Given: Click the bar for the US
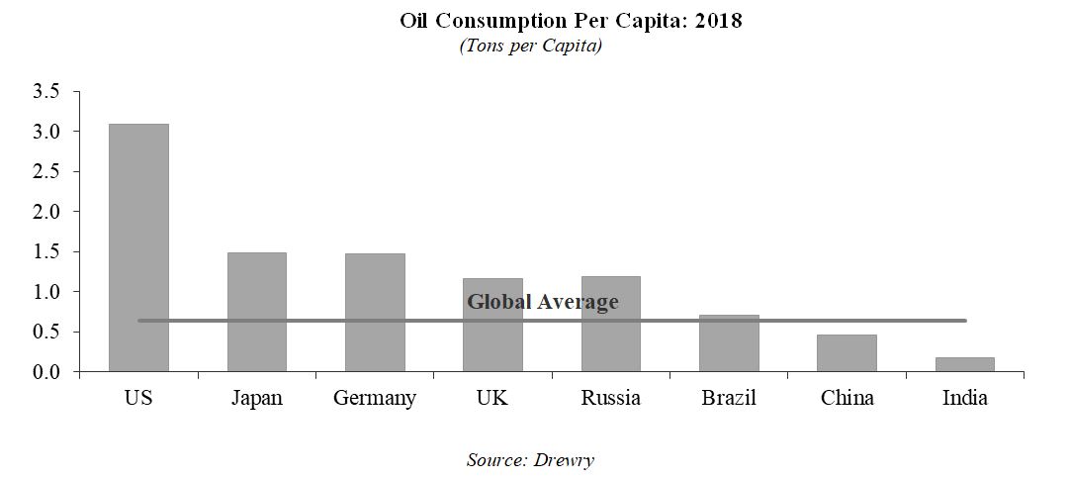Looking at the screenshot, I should pyautogui.click(x=138, y=247).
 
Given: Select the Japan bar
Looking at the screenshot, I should pyautogui.click(x=256, y=312).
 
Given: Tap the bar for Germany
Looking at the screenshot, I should pyautogui.click(x=375, y=313).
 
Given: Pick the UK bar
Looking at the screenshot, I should pyautogui.click(x=492, y=341).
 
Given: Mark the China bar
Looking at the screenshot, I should pyautogui.click(x=847, y=353).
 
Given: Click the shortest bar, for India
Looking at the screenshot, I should pyautogui.click(x=964, y=364).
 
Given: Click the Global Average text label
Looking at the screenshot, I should pyautogui.click(x=542, y=302).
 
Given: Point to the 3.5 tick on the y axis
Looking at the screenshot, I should pyautogui.click(x=48, y=91).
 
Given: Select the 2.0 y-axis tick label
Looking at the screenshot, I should pyautogui.click(x=48, y=212).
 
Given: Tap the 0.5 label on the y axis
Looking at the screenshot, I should pyautogui.click(x=48, y=332).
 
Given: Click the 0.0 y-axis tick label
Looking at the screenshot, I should pyautogui.click(x=48, y=372).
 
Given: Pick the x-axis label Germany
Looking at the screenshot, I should pyautogui.click(x=375, y=399).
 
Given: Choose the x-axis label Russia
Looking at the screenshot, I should pyautogui.click(x=610, y=399).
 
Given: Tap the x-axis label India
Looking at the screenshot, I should pyautogui.click(x=964, y=399).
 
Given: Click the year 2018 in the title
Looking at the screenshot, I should pyautogui.click(x=720, y=21).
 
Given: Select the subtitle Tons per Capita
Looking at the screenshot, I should pyautogui.click(x=530, y=47).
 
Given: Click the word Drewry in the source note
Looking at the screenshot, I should pyautogui.click(x=564, y=459).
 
